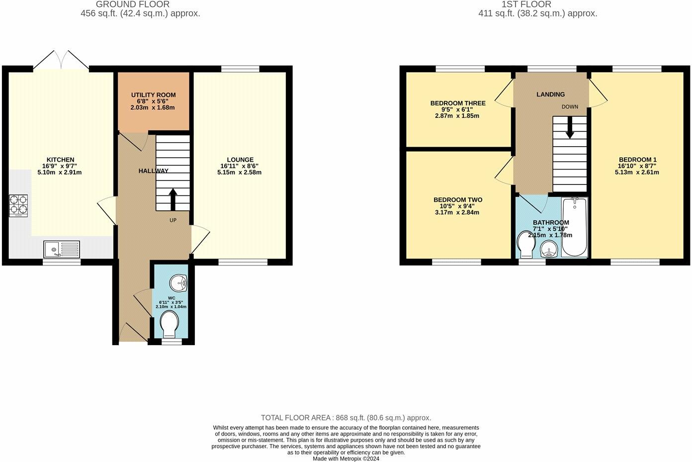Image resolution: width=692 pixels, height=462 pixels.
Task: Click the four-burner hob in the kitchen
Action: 18,205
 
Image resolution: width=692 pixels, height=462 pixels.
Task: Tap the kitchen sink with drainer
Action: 61,249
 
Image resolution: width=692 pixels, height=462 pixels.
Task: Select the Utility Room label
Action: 153,95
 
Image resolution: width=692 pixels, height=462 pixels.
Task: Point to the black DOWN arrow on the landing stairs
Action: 570,128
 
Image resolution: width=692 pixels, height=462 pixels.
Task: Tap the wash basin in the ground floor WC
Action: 178,284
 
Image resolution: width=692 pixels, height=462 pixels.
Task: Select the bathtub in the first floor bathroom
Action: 574,227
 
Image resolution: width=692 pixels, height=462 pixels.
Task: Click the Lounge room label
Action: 240,160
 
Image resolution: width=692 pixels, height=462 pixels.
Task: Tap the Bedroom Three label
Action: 458,103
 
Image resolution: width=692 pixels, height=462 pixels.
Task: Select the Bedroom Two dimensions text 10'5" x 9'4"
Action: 457,206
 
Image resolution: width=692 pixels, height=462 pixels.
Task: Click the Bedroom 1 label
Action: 637,160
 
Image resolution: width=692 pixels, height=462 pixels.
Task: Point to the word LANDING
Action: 550,94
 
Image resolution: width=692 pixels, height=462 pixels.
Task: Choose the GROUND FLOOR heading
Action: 133,4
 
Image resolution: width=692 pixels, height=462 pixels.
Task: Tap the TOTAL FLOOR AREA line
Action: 346,418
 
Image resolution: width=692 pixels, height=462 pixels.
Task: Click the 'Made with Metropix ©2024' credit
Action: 346,459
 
